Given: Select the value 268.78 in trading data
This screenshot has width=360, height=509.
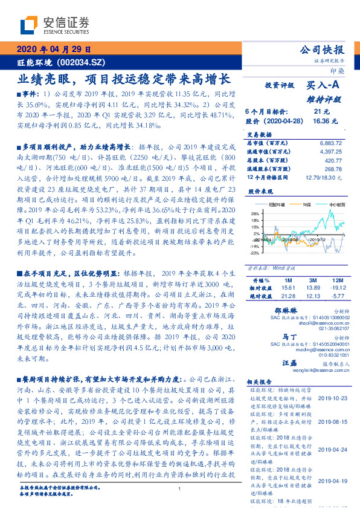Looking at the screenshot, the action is pyautogui.click(x=332, y=169).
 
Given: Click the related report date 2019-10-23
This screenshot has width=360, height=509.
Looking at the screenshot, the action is pyautogui.click(x=331, y=398).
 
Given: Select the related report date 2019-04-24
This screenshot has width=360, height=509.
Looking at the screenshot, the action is pyautogui.click(x=331, y=450).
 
